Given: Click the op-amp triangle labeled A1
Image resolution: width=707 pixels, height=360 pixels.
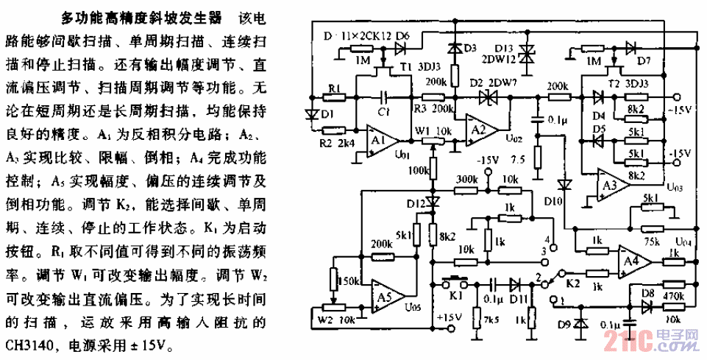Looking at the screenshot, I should tap(381, 139).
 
